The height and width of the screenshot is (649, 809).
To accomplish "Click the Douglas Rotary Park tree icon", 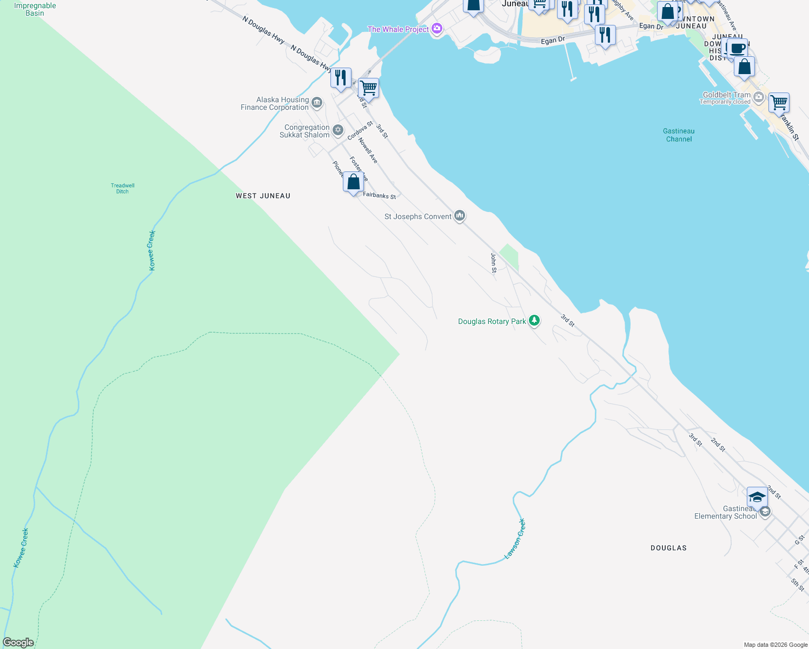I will tap(534, 321).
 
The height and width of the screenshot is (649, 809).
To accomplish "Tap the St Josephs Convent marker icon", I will tap(460, 216).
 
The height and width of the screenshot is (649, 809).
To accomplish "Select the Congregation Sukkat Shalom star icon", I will tap(338, 130).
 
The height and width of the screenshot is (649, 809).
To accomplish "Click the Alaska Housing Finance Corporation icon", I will tap(317, 102).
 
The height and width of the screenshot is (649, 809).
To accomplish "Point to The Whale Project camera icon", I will tap(437, 29).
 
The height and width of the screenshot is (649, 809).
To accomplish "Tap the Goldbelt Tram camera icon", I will tap(759, 97).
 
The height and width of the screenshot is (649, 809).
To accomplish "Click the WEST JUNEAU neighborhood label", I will tap(263, 196).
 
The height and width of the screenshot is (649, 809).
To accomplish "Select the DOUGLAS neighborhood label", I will tap(668, 548).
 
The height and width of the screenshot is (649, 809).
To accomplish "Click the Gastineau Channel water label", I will tap(679, 135).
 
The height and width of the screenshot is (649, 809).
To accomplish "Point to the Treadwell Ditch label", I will tap(123, 188).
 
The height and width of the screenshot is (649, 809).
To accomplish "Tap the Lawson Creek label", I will tap(515, 539).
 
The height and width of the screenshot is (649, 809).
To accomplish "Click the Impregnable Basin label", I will tap(35, 9).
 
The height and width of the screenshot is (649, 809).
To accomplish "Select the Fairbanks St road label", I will tap(380, 195).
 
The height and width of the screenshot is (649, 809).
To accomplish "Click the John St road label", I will tap(493, 263).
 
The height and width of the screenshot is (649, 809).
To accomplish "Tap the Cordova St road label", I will tap(360, 130).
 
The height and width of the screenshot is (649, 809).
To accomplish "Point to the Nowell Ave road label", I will tap(368, 150).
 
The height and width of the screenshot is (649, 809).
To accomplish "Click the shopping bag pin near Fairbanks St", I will tap(353, 182).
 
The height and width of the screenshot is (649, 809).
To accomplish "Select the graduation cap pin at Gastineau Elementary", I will tap(757, 496).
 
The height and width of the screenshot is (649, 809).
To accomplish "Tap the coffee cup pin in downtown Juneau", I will tap(738, 48).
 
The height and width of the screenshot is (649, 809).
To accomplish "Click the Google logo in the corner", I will tap(18, 643).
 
